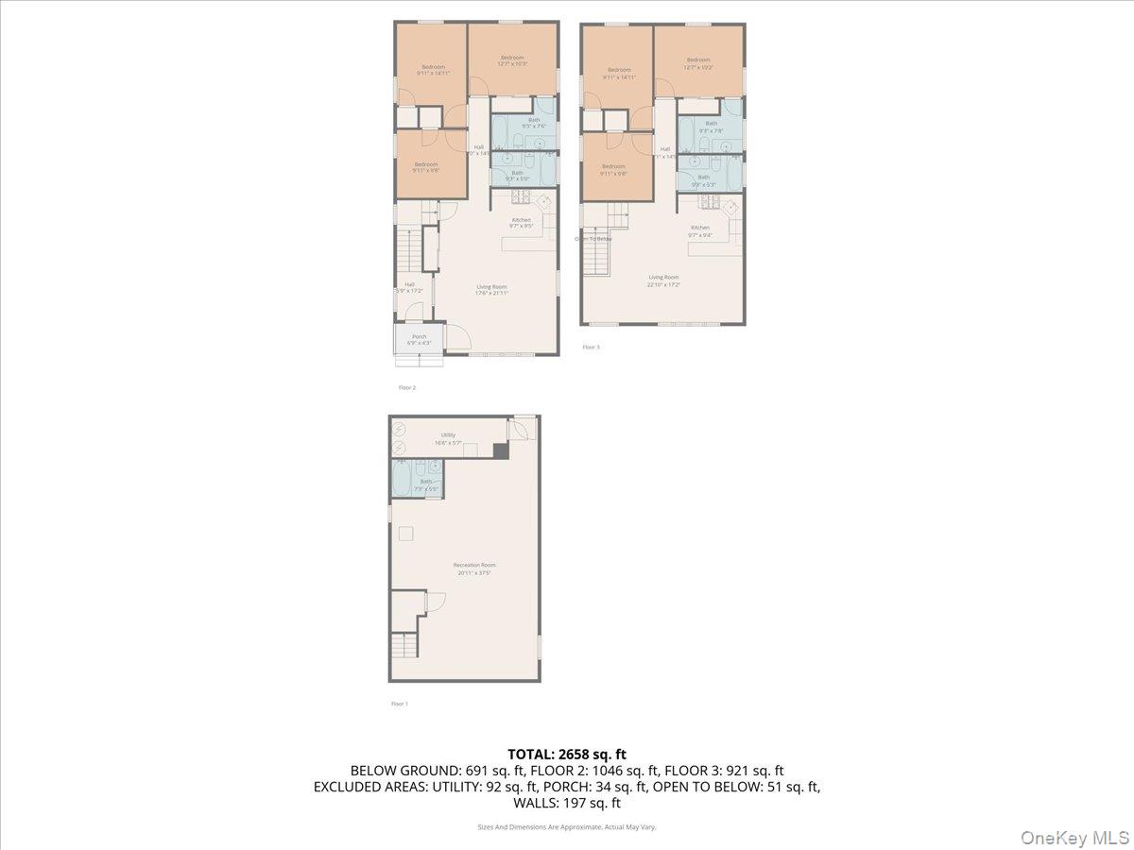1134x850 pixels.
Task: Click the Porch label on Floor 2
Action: pos(419,339)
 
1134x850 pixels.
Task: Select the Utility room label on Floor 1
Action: pos(447,438)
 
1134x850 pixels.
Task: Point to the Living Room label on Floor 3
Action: pos(663,280)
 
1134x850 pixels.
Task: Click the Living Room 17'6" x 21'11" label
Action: pos(491,289)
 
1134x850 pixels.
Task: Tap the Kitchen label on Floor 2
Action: pos(522,223)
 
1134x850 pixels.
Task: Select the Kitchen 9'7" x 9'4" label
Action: pos(699,230)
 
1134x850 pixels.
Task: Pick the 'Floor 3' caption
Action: pos(591,347)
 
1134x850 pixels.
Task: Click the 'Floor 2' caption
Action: pos(406,387)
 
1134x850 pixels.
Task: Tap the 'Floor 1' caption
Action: pos(399,704)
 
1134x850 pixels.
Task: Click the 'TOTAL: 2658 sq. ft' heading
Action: pos(566,754)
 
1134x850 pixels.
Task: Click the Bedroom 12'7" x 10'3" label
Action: pos(512,61)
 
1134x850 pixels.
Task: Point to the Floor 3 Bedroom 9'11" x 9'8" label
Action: pos(614,170)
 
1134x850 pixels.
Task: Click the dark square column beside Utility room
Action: pos(500,450)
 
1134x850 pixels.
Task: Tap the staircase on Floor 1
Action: pos(404,647)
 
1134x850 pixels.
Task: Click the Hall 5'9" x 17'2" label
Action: pos(409,287)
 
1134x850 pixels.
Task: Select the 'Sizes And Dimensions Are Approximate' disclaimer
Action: pos(566,826)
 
